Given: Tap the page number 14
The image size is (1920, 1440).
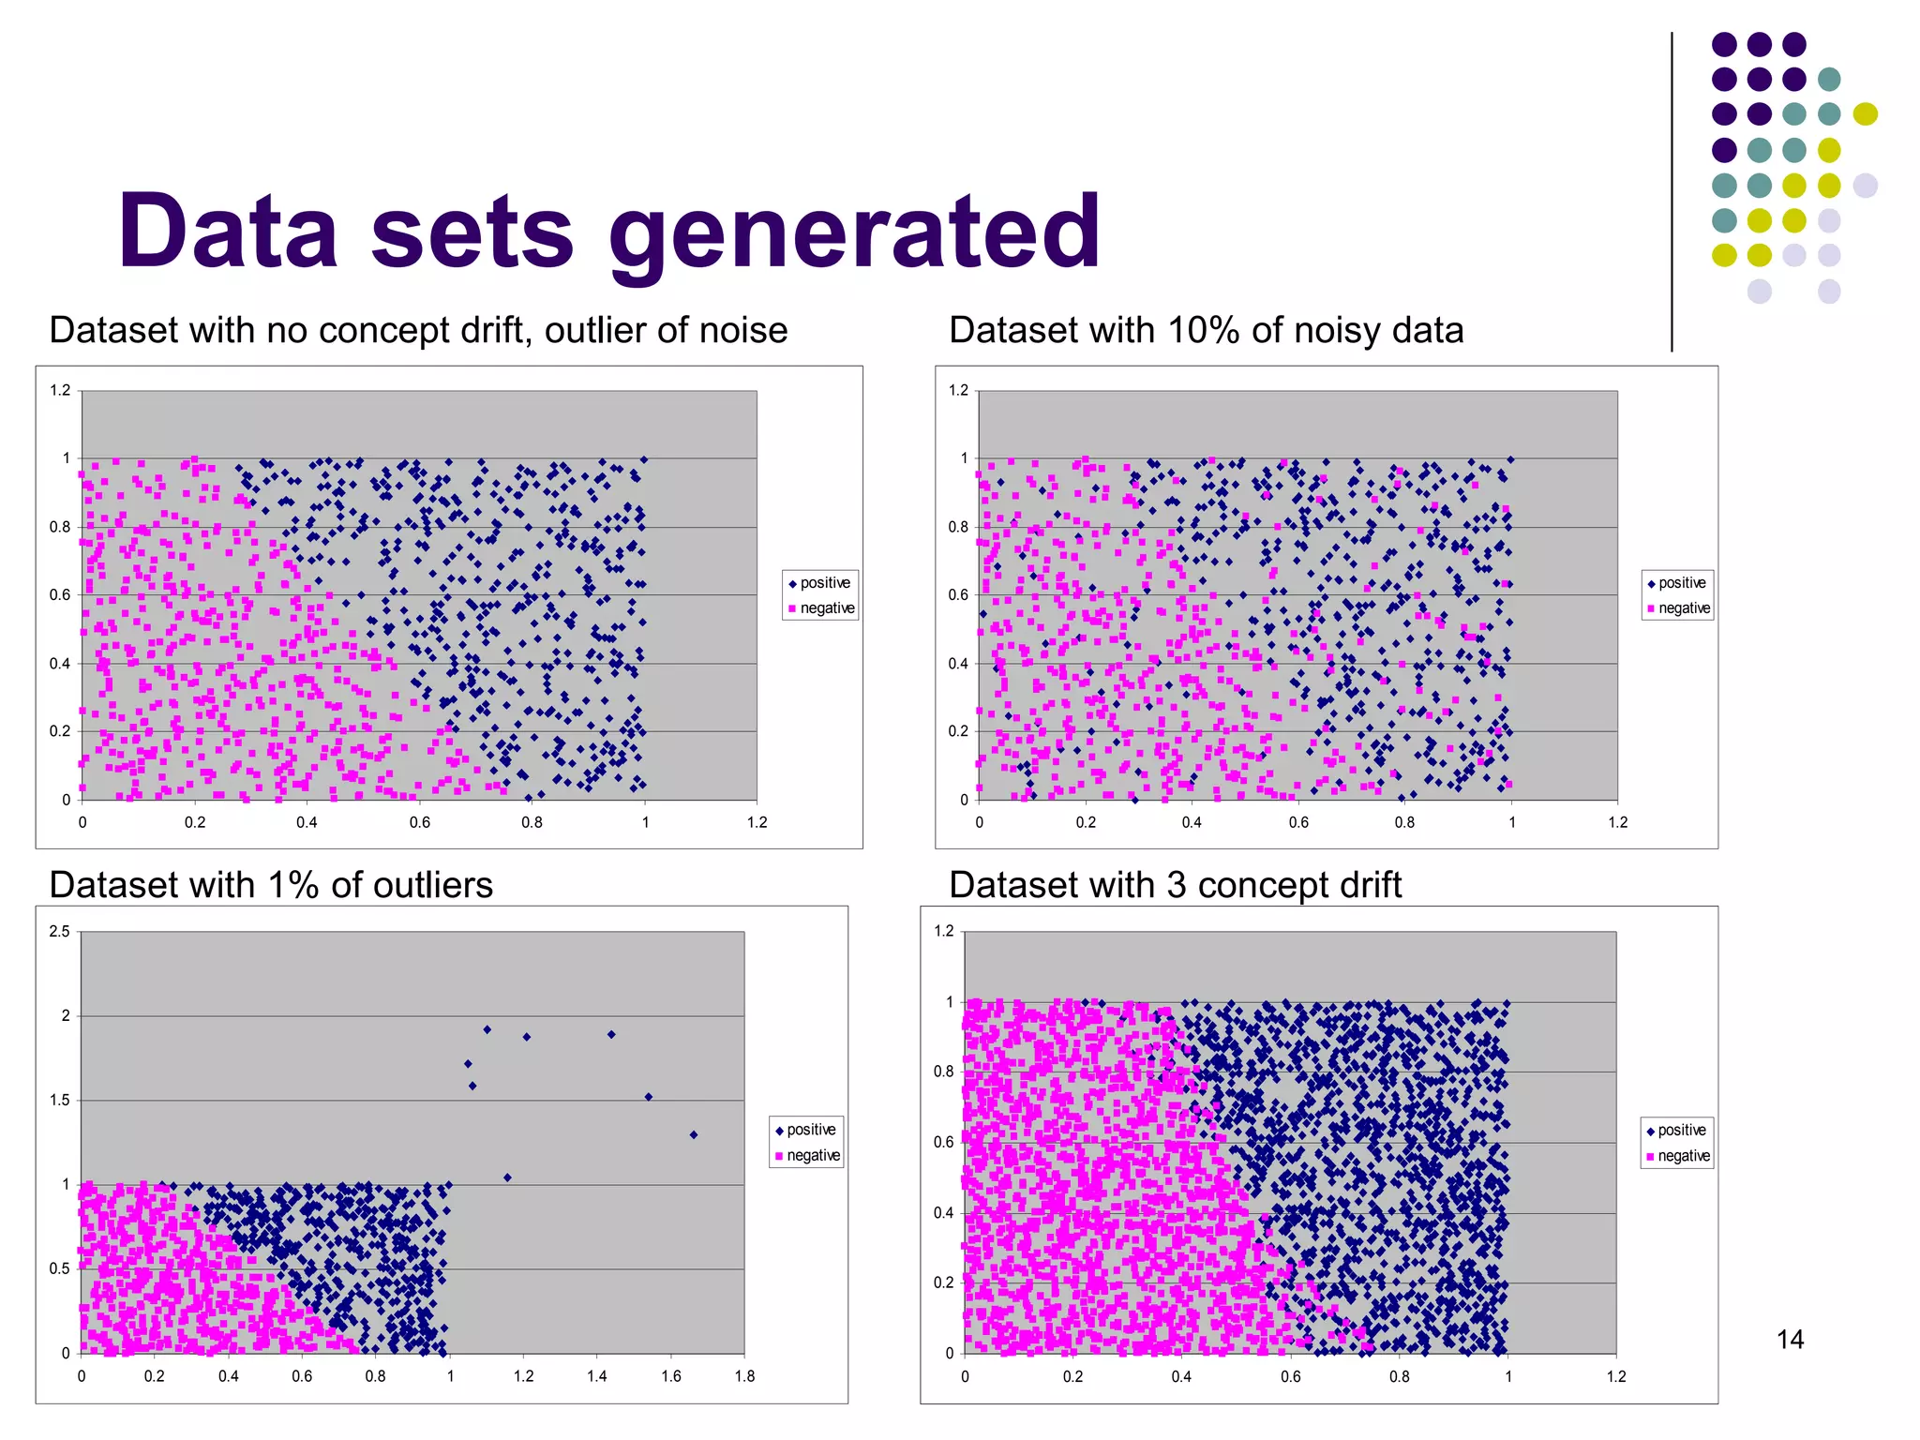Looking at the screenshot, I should pos(1790,1339).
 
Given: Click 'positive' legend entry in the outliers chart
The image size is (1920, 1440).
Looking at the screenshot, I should pos(811,1130).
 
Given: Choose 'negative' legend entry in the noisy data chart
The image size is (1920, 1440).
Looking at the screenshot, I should pos(1684,608).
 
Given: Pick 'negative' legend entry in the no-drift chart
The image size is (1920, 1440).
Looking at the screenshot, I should pos(827,608).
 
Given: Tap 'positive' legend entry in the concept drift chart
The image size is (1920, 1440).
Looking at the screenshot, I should pos(1682,1131).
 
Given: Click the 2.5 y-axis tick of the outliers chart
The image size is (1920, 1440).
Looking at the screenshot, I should pos(60,931).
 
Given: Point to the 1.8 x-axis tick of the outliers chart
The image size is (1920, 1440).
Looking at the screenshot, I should pos(744,1376).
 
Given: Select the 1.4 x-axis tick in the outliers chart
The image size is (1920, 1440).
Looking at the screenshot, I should pos(597,1376).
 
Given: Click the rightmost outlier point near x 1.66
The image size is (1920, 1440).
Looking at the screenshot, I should pos(694,1134).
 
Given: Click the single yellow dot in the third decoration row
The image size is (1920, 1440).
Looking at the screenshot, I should pos(1865,114).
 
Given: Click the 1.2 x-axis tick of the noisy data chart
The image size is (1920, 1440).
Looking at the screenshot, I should pos(1618,822).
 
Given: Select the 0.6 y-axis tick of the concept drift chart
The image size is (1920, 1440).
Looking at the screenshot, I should pos(943,1142).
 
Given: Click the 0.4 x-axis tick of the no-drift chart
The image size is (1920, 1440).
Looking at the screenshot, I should pos(307,822).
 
